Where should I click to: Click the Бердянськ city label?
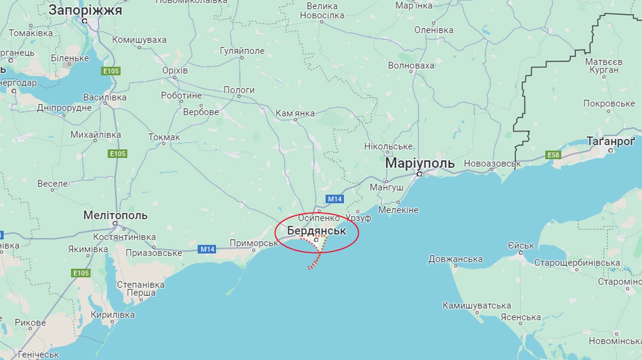(317, 231)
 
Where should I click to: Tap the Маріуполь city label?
(420, 163)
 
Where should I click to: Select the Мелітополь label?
(116, 215)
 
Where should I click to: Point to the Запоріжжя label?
(85, 10)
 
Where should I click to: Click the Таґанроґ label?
(610, 141)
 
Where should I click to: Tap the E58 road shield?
(554, 155)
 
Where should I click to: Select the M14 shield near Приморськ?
(207, 249)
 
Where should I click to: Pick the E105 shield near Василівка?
(111, 71)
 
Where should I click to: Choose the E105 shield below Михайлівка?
(118, 154)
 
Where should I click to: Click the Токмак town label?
(164, 137)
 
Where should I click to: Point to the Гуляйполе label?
(242, 51)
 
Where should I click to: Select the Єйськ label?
(521, 245)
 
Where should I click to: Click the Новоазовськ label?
(492, 163)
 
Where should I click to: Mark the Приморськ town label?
(254, 243)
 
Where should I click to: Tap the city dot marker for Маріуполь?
(419, 174)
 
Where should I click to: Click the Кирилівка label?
(113, 315)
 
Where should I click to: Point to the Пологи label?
(239, 90)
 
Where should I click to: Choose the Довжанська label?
(455, 259)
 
